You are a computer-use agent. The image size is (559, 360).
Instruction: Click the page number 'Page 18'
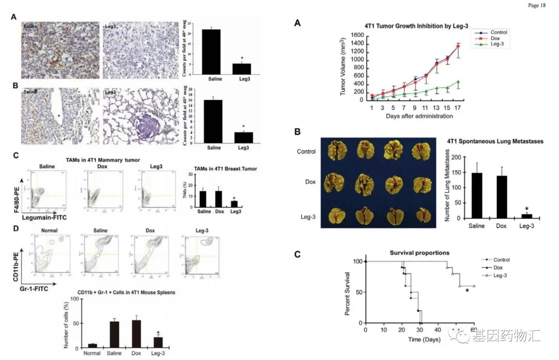pos(537,5)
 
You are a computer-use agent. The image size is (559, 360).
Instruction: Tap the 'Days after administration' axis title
pos(419,116)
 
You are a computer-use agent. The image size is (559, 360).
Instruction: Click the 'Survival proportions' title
pos(419,253)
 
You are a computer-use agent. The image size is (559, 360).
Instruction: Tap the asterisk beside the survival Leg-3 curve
pos(467,291)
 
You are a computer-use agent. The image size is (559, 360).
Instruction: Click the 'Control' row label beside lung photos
pos(306,152)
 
